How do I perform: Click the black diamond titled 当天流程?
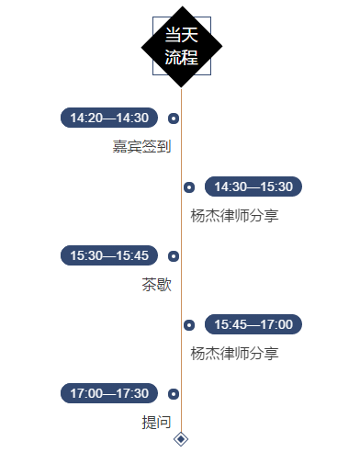tap(182, 47)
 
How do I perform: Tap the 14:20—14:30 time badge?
tap(109, 118)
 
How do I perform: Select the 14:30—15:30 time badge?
tap(253, 186)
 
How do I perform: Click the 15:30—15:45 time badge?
tap(109, 255)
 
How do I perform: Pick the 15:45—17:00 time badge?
tap(253, 324)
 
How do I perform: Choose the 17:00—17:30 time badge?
tap(109, 393)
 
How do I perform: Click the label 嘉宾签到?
tap(141, 146)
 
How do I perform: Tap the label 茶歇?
tap(156, 285)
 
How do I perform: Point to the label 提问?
tap(156, 423)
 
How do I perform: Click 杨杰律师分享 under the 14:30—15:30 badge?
tap(234, 216)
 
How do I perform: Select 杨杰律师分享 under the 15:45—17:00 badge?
tap(234, 354)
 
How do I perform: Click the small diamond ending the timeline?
tap(181, 439)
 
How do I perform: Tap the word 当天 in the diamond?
tap(182, 35)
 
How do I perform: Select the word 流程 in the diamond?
tap(182, 57)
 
